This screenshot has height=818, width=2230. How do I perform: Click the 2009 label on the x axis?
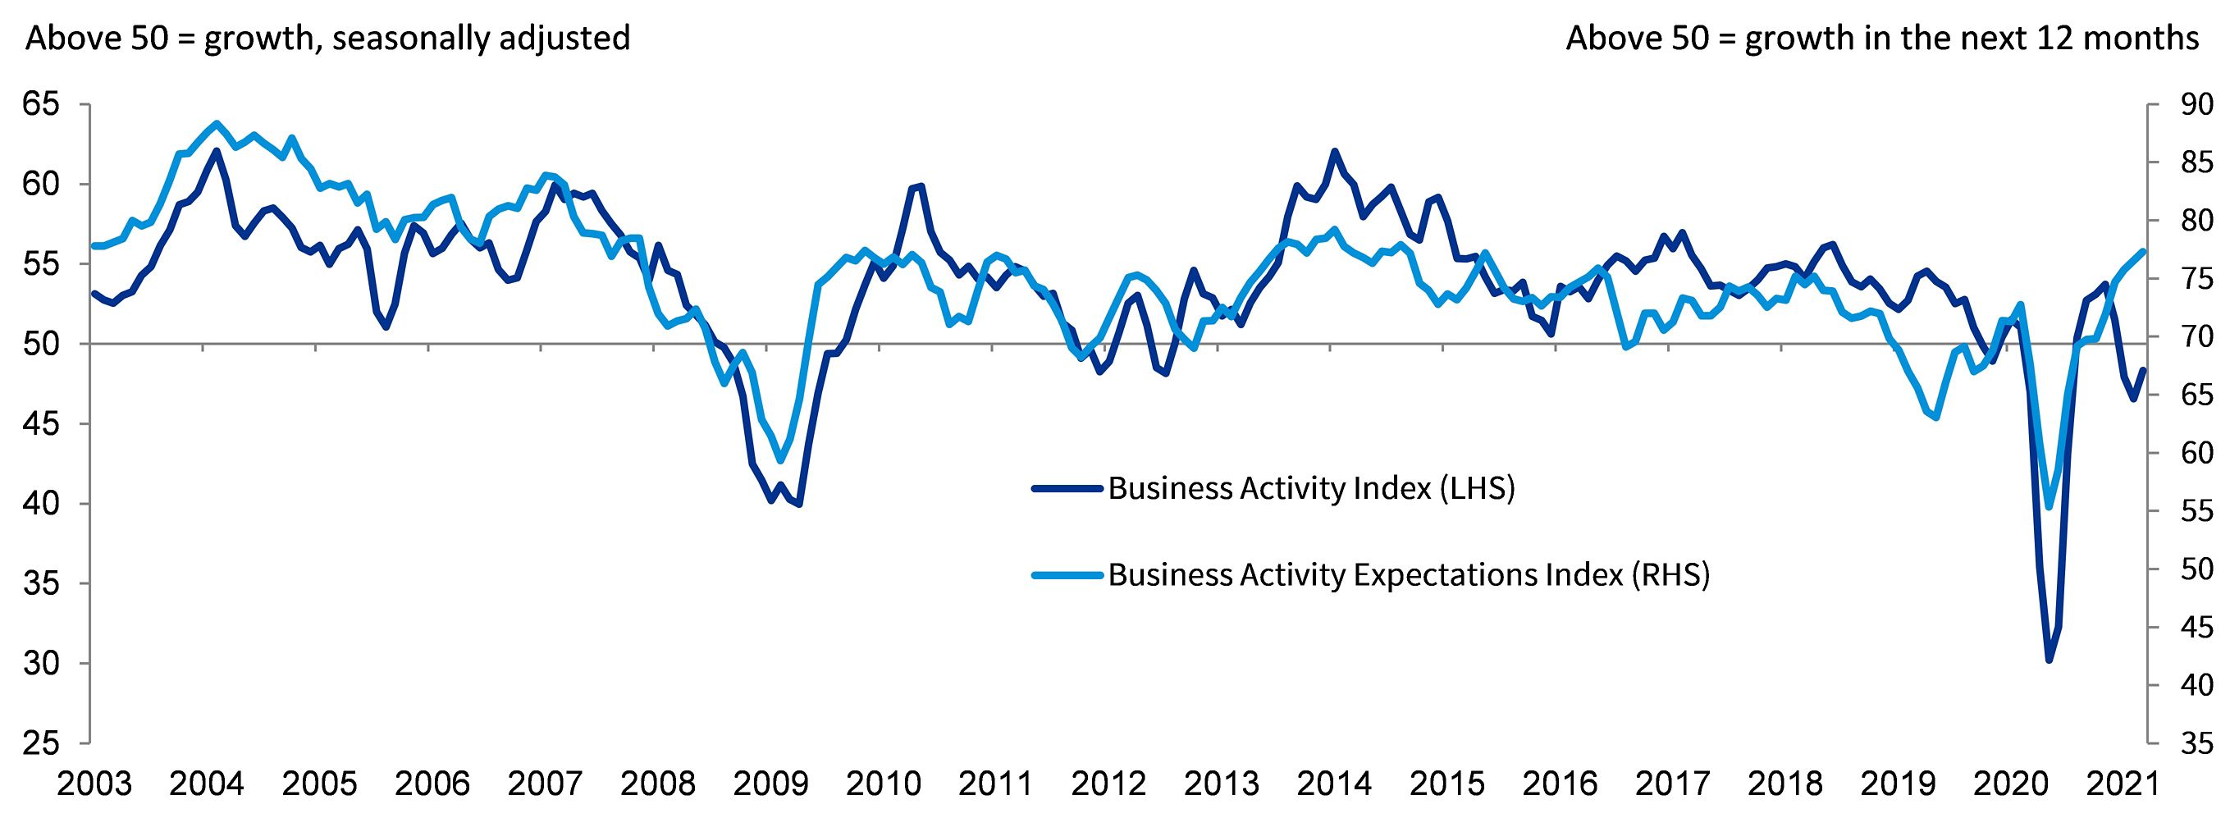pyautogui.click(x=770, y=784)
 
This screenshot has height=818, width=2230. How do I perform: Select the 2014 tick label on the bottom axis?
pyautogui.click(x=1334, y=784)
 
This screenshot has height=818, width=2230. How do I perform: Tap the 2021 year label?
pyautogui.click(x=2123, y=784)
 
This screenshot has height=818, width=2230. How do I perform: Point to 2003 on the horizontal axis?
pyautogui.click(x=94, y=784)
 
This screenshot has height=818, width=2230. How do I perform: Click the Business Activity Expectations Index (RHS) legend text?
pyautogui.click(x=1409, y=575)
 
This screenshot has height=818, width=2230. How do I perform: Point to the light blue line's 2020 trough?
pyautogui.click(x=2048, y=507)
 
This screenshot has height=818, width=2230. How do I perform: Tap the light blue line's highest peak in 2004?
pyautogui.click(x=216, y=123)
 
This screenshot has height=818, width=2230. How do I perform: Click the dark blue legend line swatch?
pyautogui.click(x=1068, y=489)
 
